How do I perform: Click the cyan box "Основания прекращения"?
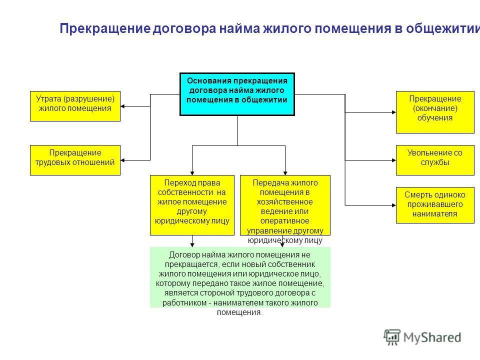237,94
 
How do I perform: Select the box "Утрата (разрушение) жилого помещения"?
75,106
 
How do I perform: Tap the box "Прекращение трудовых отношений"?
75,160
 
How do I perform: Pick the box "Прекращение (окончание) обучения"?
435,112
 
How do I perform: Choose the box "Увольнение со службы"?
435,160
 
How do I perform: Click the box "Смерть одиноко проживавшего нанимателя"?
435,205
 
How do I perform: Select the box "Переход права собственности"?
192,205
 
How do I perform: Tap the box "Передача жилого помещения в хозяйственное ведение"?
285,205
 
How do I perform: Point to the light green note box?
240,277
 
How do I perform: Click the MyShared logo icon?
392,337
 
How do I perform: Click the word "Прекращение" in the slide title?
105,28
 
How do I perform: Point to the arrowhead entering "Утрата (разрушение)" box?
122,106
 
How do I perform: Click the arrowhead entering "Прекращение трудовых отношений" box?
122,160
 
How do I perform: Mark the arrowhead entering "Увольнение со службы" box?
394,160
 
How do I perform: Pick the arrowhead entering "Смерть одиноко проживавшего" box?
394,205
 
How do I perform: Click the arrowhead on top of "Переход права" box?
192,173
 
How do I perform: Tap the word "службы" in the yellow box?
435,162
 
